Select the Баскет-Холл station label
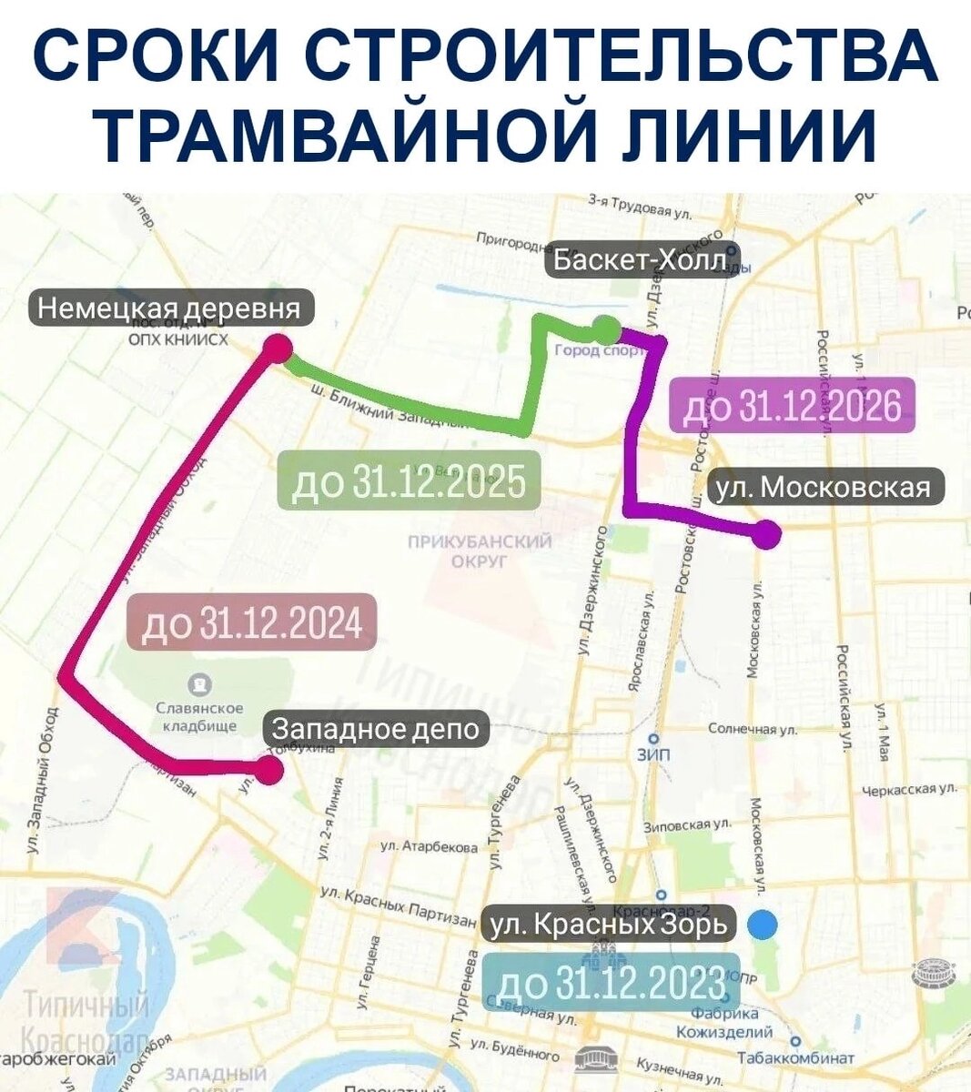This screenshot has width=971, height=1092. (x=642, y=261)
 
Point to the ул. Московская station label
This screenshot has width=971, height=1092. (x=824, y=488)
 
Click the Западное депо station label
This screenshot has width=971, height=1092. (x=376, y=729)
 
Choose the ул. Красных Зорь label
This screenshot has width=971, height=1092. (x=609, y=925)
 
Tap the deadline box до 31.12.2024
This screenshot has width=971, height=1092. (x=253, y=623)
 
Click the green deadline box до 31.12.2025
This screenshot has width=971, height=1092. (x=409, y=480)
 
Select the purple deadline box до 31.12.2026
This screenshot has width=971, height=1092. (x=785, y=405)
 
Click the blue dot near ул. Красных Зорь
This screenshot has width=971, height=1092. (x=763, y=925)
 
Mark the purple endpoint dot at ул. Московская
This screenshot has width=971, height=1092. (x=767, y=535)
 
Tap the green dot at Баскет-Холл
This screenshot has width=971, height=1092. (x=605, y=328)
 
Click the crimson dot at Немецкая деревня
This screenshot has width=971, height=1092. (x=278, y=349)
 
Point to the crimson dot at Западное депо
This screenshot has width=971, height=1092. (x=268, y=770)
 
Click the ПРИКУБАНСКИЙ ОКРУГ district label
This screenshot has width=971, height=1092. (x=480, y=551)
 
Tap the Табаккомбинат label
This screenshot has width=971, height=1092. (x=795, y=1057)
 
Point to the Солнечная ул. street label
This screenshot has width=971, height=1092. (x=752, y=729)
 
